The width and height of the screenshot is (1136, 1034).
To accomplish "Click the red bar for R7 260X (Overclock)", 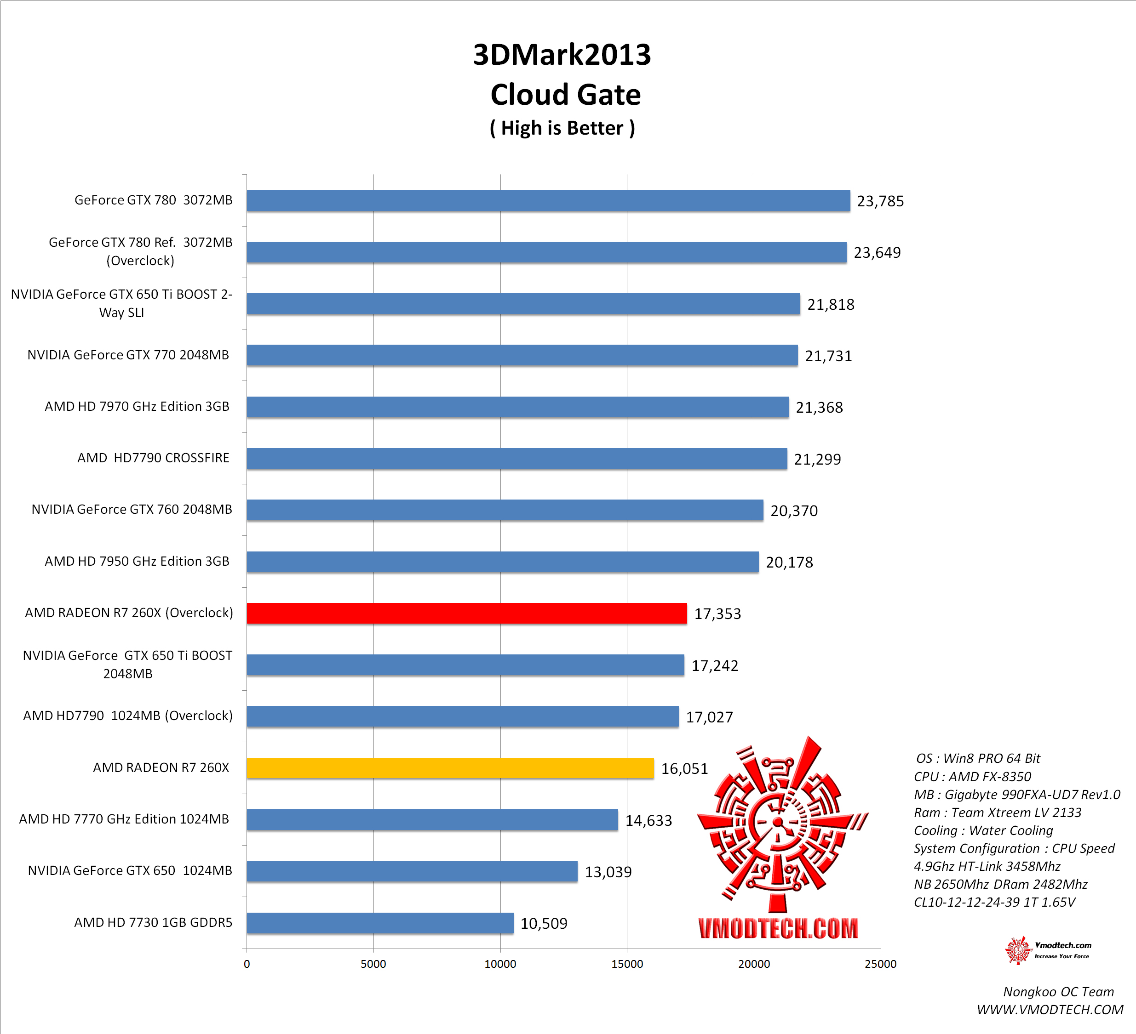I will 466,614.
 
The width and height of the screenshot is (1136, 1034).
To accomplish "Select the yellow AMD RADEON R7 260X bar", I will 450,768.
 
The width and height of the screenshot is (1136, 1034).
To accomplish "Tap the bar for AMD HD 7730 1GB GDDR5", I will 380,923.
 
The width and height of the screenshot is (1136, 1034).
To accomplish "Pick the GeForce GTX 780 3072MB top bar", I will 548,200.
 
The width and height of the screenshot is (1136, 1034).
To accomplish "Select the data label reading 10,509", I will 544,924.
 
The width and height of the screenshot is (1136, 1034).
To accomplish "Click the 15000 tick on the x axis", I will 626,964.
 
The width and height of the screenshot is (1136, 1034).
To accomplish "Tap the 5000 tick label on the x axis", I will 373,964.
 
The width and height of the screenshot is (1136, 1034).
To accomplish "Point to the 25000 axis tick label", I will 880,964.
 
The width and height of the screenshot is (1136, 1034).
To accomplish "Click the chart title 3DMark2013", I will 562,55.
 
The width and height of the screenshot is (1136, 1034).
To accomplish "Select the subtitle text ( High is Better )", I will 562,128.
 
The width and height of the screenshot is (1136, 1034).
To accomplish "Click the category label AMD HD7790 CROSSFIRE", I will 153,458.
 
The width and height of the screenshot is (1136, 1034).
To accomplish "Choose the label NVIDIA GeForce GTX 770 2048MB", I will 128,355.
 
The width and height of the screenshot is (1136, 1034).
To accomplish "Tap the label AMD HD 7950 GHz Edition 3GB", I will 137,562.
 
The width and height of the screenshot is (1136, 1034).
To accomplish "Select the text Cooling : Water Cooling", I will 983,831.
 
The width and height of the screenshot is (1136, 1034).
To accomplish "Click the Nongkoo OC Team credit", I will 1058,992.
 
